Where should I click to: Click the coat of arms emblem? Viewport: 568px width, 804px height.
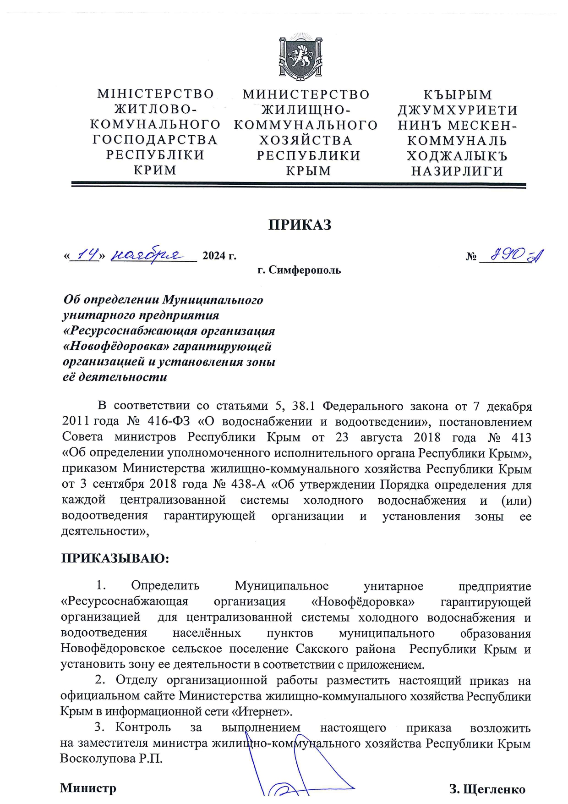pos(300,57)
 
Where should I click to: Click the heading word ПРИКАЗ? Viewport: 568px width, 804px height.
pos(300,225)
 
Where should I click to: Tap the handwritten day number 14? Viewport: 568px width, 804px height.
pos(87,253)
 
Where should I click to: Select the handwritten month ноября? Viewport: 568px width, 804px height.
pos(147,253)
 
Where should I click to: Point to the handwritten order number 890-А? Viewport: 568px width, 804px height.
pos(516,254)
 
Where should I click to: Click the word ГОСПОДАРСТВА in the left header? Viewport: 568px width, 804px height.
pos(155,139)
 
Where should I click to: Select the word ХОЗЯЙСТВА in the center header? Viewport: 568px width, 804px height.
pos(306,140)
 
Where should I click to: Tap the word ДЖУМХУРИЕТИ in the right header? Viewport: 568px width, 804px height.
pos(457,110)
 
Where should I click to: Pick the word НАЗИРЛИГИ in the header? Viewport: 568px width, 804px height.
pos(457,171)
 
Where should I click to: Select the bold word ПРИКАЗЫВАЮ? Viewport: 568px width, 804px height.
pos(115,559)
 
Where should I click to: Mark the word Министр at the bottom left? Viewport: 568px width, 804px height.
pos(88,788)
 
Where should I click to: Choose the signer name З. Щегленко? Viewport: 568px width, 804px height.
pos(487,789)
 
